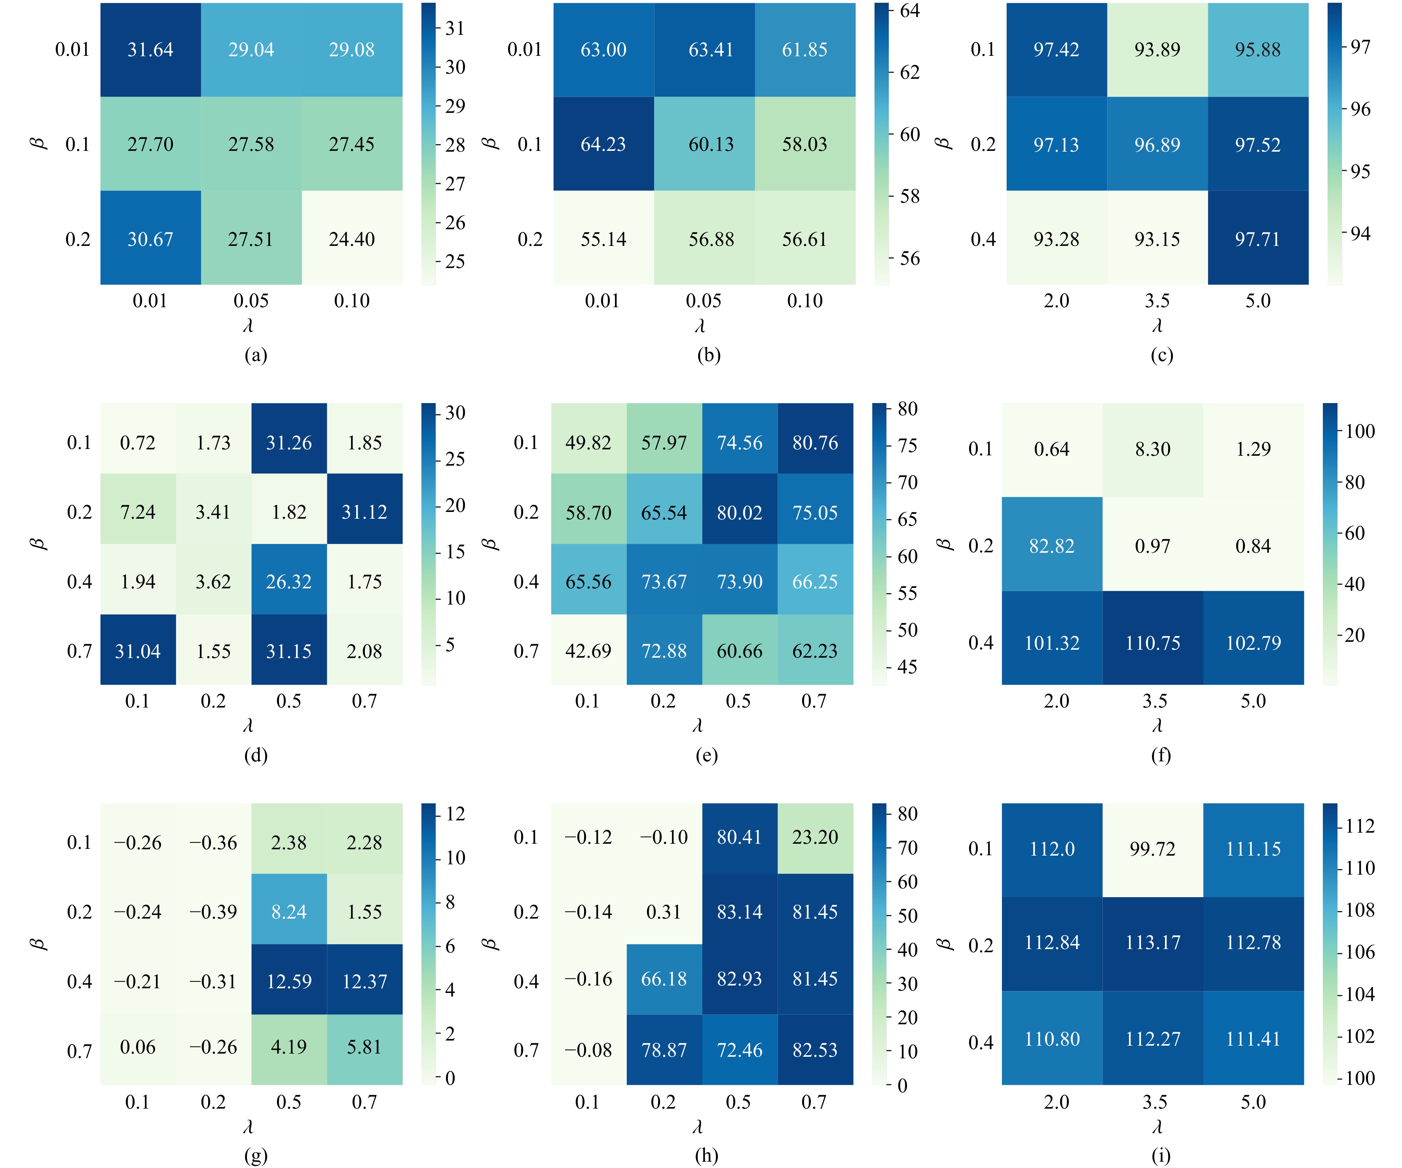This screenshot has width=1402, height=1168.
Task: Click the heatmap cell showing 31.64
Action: tap(150, 49)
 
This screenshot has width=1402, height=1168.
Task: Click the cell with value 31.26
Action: tap(289, 442)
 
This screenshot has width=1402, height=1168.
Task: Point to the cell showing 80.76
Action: tap(815, 442)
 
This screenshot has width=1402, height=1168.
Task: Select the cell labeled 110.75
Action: tap(1153, 643)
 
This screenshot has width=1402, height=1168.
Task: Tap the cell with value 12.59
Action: tap(289, 981)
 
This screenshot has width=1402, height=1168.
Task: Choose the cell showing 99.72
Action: tap(1153, 849)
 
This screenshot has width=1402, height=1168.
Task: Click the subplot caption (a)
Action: tap(256, 355)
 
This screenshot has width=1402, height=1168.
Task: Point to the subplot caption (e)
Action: tap(706, 755)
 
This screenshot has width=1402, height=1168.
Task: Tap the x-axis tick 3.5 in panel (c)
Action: tap(1157, 301)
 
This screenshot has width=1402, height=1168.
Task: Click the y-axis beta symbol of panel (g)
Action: tap(38, 944)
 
